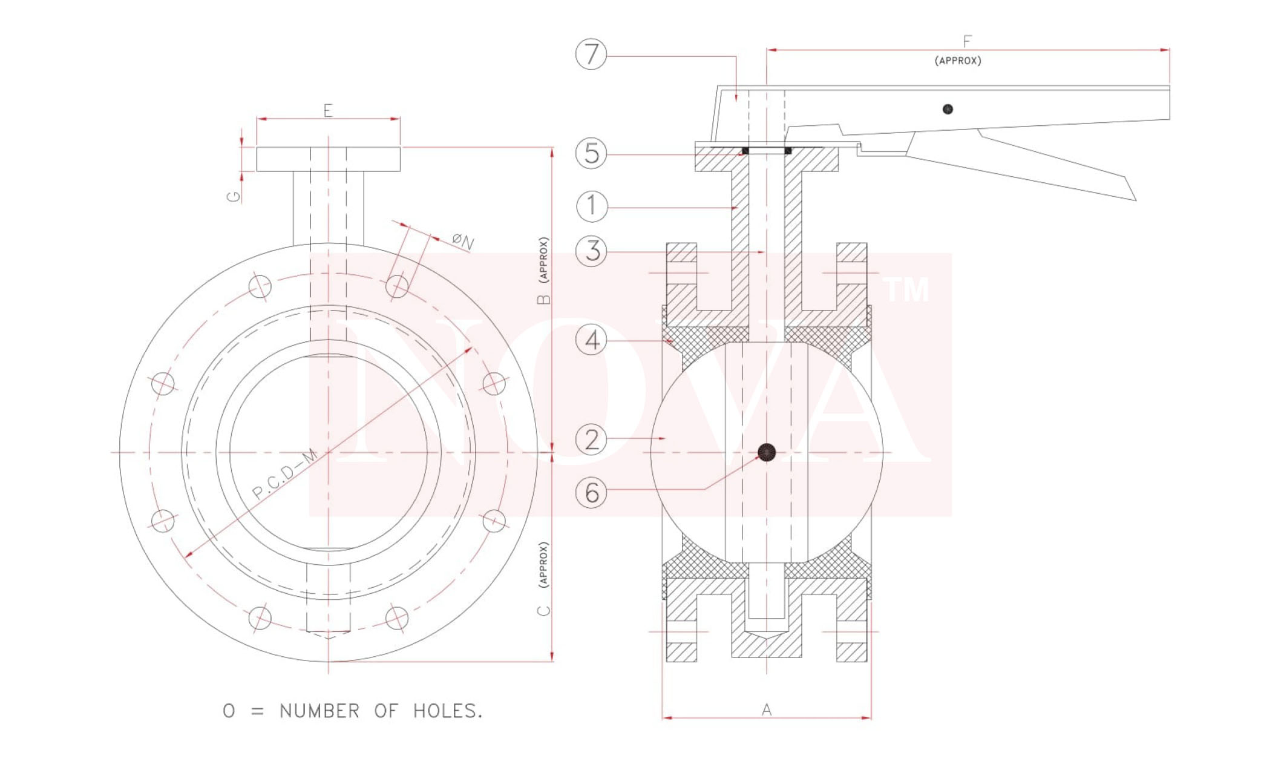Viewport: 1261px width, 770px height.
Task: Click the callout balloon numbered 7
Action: tap(591, 54)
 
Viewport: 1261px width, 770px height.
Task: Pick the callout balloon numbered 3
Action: tap(591, 251)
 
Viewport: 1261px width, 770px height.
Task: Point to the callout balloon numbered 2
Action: tap(591, 439)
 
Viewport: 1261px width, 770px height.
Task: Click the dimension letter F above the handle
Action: tap(967, 41)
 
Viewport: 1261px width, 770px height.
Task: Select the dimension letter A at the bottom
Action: tap(767, 709)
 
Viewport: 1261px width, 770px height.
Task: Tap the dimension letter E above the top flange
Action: tap(328, 110)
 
